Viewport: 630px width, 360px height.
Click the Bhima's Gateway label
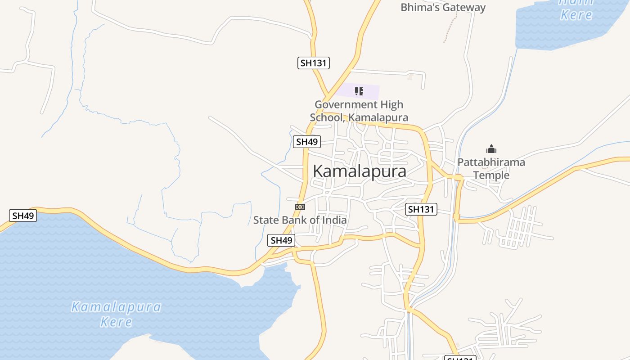443,7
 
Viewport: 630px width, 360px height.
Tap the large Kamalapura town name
359,171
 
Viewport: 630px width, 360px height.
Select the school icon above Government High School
359,92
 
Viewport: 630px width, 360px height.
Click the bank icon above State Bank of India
300,207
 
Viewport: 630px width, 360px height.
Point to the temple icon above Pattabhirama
491,149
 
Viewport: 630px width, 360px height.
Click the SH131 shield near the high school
314,63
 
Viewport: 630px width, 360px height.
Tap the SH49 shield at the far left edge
23,216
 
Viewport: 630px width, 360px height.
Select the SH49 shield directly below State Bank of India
282,240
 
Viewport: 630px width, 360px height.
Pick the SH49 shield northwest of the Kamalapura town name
307,142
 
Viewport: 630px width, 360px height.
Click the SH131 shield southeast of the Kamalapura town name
421,209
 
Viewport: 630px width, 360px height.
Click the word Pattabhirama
491,162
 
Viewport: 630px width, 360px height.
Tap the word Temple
491,175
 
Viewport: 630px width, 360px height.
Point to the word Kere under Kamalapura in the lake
116,322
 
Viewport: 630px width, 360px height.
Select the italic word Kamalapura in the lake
116,307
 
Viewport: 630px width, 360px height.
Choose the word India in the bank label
335,220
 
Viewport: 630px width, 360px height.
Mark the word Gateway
464,7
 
